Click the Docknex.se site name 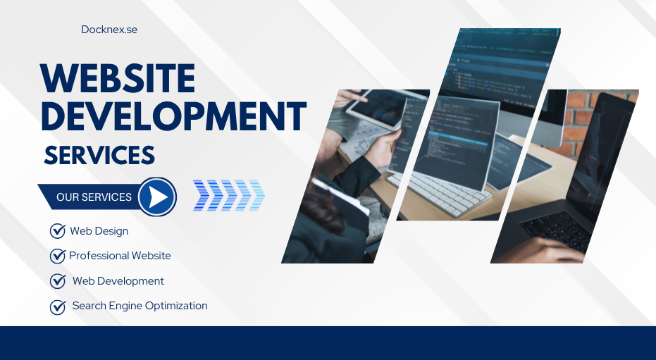(x=109, y=30)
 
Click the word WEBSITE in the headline (x=118, y=79)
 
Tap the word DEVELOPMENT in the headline (x=173, y=116)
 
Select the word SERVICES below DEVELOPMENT (x=99, y=155)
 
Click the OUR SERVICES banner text (x=94, y=197)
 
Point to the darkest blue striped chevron (x=202, y=195)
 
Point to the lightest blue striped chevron (x=257, y=195)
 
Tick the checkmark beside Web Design (x=58, y=230)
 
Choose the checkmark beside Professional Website (x=58, y=256)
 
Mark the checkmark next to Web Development (x=58, y=281)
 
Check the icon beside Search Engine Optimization (x=58, y=307)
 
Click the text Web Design (x=99, y=231)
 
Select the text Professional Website (x=120, y=256)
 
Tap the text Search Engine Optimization (x=140, y=306)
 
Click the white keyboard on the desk (x=439, y=194)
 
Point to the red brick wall (x=586, y=121)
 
